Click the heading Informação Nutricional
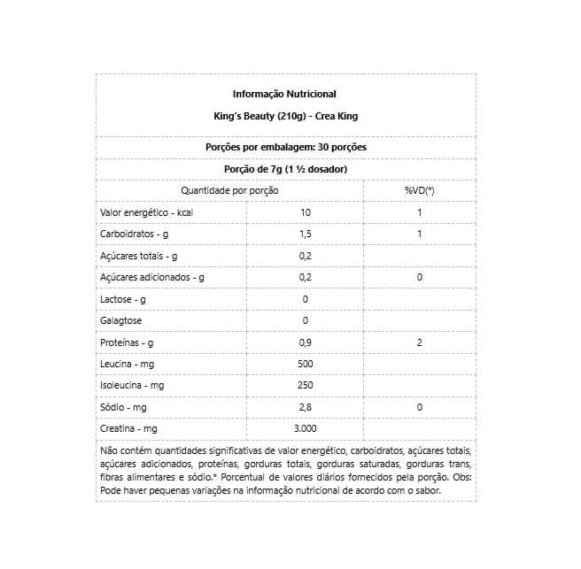tap(284, 94)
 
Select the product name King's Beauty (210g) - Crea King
tap(284, 116)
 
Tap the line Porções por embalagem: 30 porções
tap(285, 147)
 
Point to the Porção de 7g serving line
tap(285, 169)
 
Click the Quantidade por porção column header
tap(229, 191)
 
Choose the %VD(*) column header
tap(419, 191)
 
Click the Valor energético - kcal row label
tap(145, 212)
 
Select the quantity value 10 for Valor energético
tap(306, 212)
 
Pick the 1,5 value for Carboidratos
tap(306, 235)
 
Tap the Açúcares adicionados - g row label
tap(152, 277)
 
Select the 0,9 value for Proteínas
tap(306, 342)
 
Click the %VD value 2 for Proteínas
tap(419, 342)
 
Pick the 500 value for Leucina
tap(306, 364)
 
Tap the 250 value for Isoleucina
tap(306, 386)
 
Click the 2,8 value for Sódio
tap(306, 407)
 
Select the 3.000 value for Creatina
tap(306, 428)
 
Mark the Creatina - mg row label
tap(129, 428)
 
